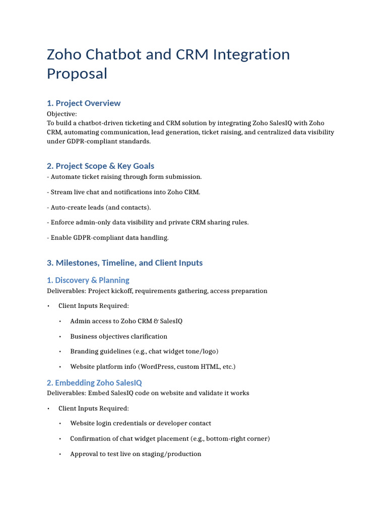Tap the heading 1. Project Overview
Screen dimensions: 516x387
click(84, 103)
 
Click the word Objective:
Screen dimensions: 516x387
click(62, 114)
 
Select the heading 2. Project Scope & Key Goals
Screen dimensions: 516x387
click(100, 166)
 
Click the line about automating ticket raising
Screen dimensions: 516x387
click(124, 177)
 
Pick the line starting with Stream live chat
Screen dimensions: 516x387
click(123, 192)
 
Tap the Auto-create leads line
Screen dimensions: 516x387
click(99, 207)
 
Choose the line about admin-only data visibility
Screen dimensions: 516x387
click(148, 222)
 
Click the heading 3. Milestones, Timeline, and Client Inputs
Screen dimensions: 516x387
click(125, 263)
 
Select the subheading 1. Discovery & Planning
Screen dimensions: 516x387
click(88, 280)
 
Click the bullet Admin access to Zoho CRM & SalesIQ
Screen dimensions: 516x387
click(126, 321)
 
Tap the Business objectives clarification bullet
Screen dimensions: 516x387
click(118, 336)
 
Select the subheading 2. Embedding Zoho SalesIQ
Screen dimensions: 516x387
click(95, 383)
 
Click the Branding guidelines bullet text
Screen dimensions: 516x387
click(144, 351)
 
